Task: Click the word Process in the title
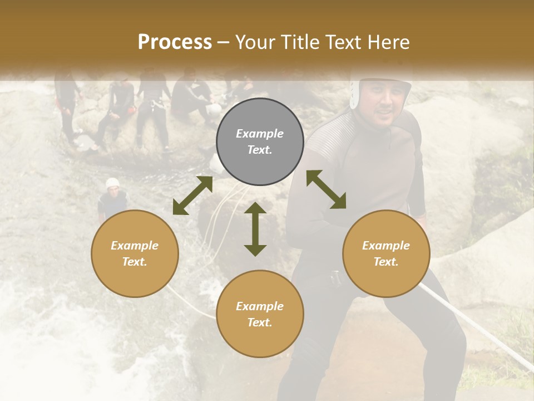click(x=175, y=42)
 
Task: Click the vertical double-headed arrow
click(x=255, y=229)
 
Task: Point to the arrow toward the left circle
click(x=192, y=195)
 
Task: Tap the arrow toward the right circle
click(x=327, y=189)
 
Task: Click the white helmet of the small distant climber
click(x=112, y=183)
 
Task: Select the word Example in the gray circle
click(x=260, y=134)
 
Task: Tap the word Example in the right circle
click(x=386, y=246)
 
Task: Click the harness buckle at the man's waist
click(x=335, y=277)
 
